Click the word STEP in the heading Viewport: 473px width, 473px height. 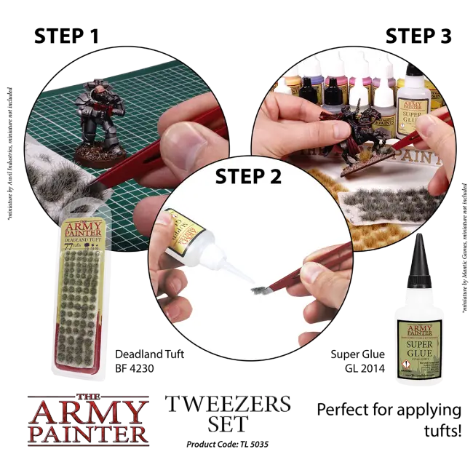[241, 177]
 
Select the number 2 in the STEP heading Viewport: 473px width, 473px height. [275, 177]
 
